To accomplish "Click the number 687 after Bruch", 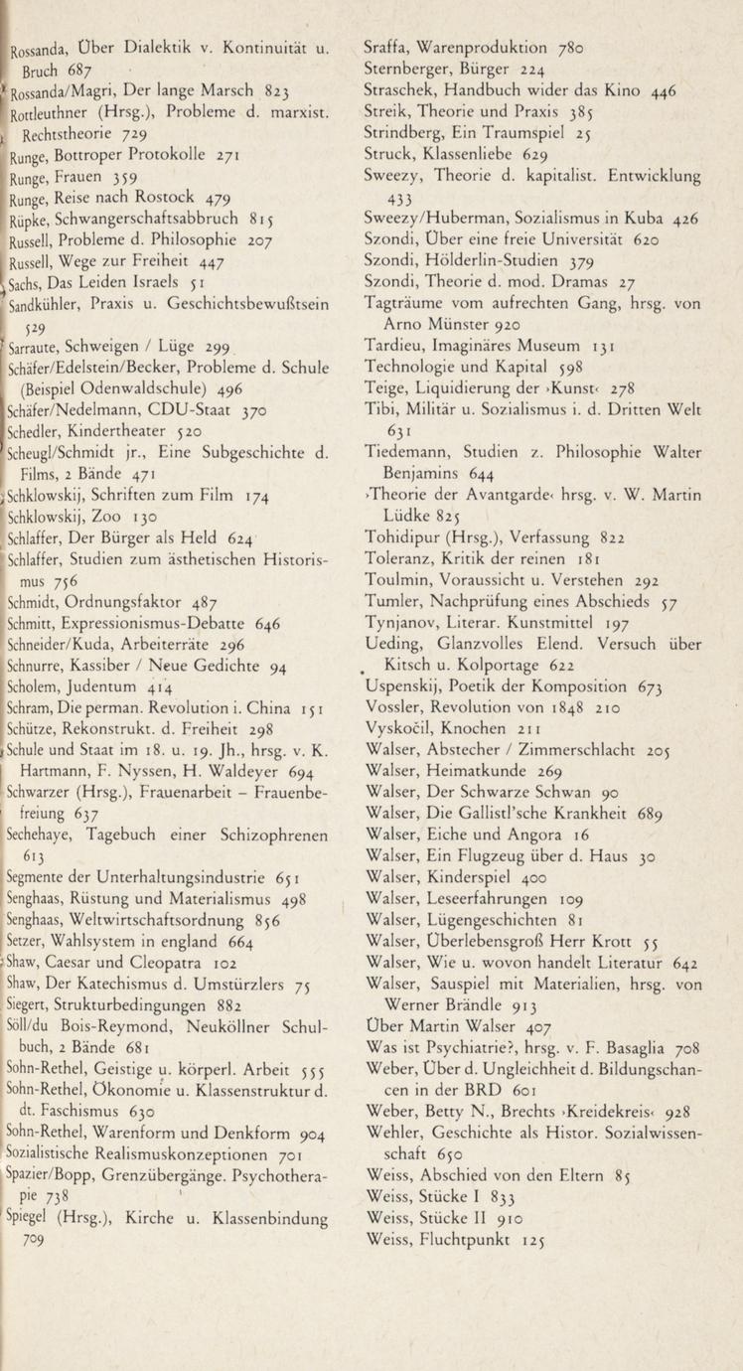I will [82, 70].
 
